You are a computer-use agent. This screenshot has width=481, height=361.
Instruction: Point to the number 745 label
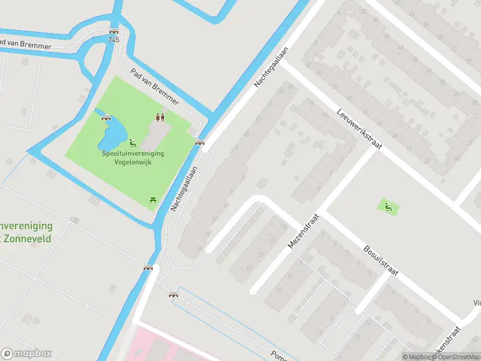114,40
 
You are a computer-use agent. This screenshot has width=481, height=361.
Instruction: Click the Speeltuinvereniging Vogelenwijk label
132,158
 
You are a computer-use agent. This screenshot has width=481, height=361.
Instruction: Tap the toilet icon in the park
160,117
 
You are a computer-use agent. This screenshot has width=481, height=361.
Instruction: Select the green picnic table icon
153,199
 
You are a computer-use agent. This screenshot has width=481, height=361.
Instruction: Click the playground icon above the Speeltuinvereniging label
133,143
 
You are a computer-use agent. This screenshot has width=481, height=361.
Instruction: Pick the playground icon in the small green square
388,207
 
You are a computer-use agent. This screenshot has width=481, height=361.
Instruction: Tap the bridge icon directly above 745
114,31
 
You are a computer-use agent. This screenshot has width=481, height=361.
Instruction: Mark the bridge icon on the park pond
106,117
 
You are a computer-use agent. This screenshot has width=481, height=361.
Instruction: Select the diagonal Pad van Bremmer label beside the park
155,87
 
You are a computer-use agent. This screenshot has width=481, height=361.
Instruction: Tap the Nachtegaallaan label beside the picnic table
185,189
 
